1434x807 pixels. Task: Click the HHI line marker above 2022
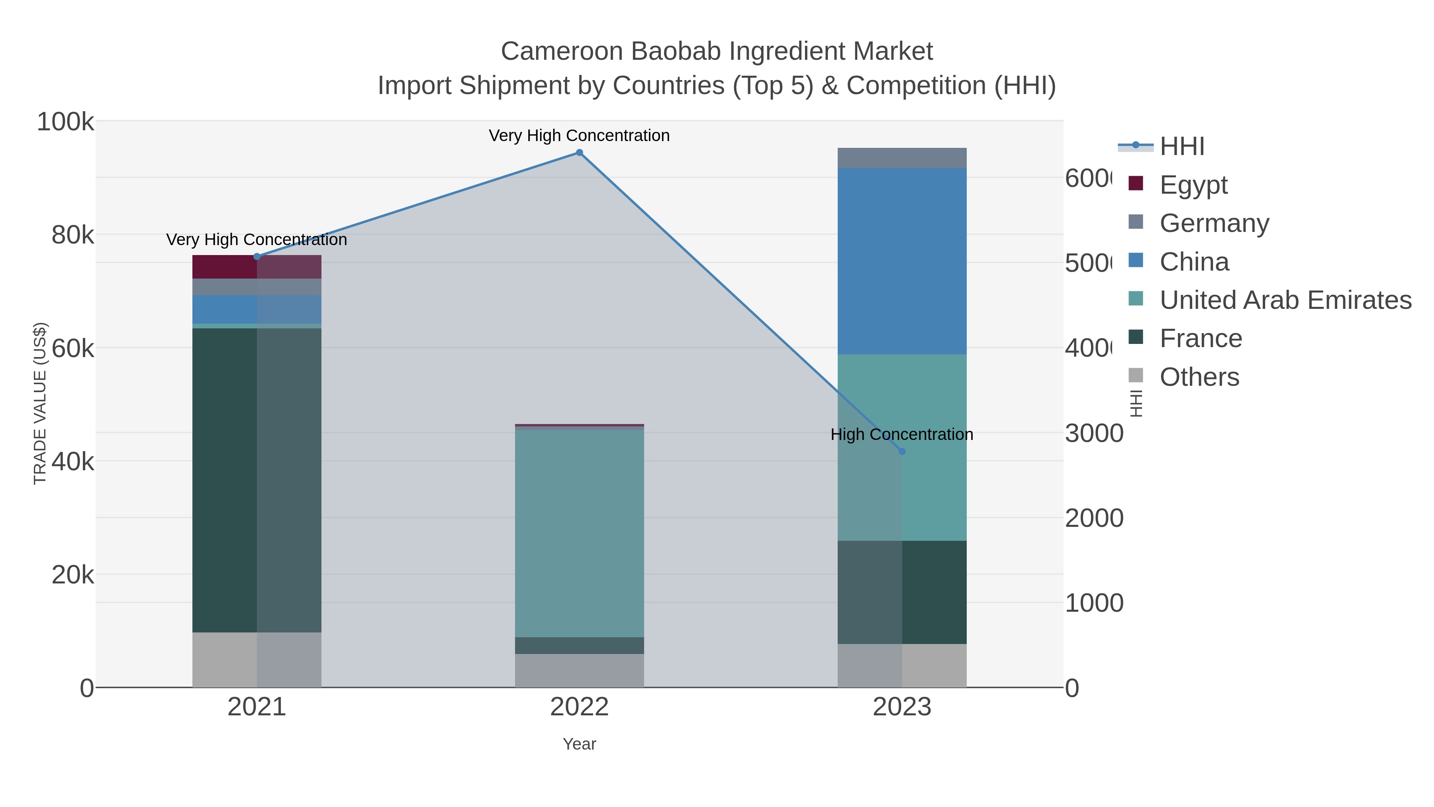579,153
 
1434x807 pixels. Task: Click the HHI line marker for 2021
257,257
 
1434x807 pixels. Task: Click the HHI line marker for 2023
902,452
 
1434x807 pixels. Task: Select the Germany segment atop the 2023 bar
902,158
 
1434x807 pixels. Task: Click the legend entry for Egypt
1193,185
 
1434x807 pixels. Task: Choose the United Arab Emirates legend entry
1285,300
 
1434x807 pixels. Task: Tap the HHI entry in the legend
1181,147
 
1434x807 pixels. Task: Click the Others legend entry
1199,377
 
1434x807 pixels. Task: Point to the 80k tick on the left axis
72,235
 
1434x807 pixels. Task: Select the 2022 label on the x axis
579,707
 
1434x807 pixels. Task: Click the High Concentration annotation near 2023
901,434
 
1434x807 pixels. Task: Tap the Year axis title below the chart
579,744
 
